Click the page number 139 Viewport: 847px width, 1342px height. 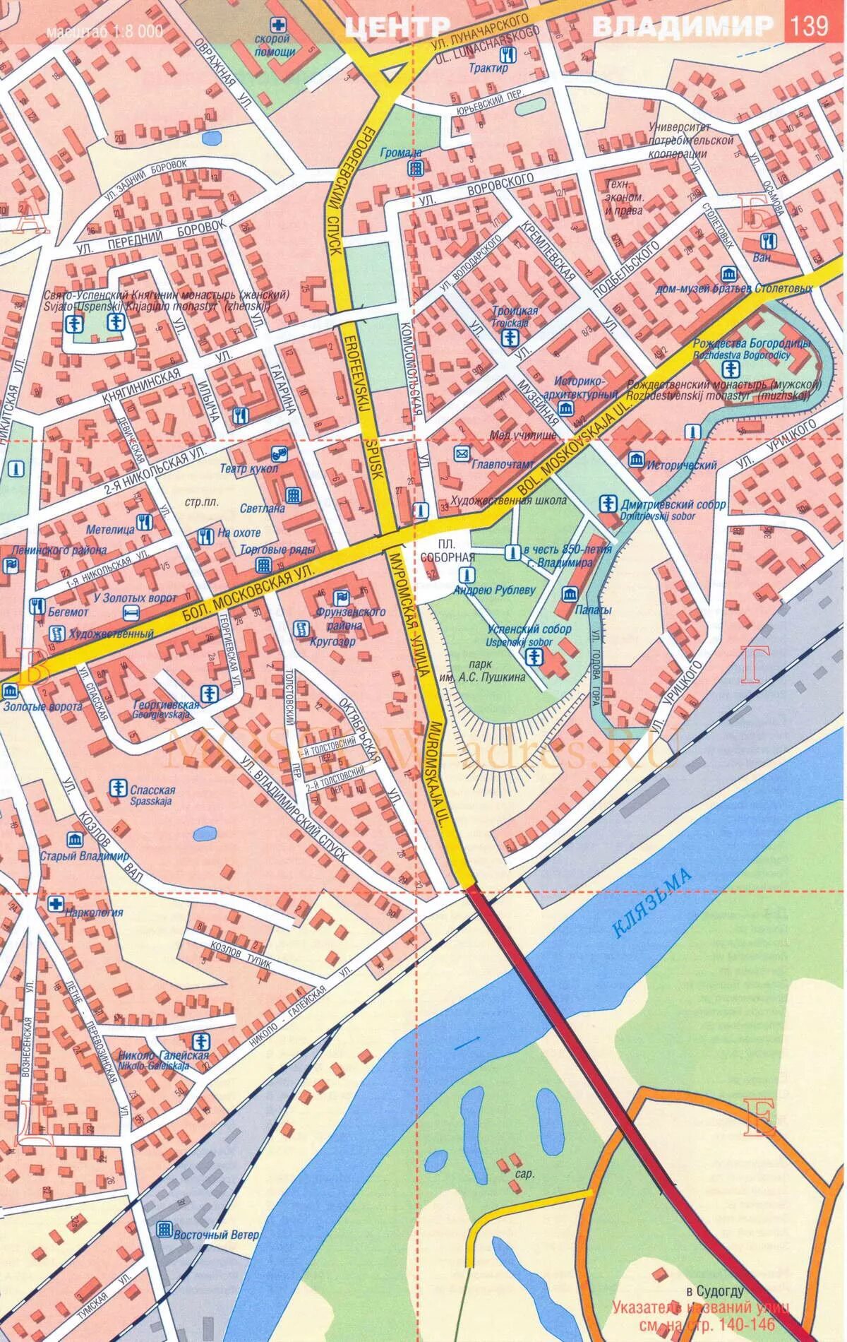810,26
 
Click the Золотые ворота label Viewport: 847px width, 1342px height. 42,706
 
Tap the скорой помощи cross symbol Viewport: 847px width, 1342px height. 280,24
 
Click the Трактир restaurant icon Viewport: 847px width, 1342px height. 514,54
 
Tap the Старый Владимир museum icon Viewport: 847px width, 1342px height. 73,840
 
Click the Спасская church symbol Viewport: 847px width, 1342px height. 117,787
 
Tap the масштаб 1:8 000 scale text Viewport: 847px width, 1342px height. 104,32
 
